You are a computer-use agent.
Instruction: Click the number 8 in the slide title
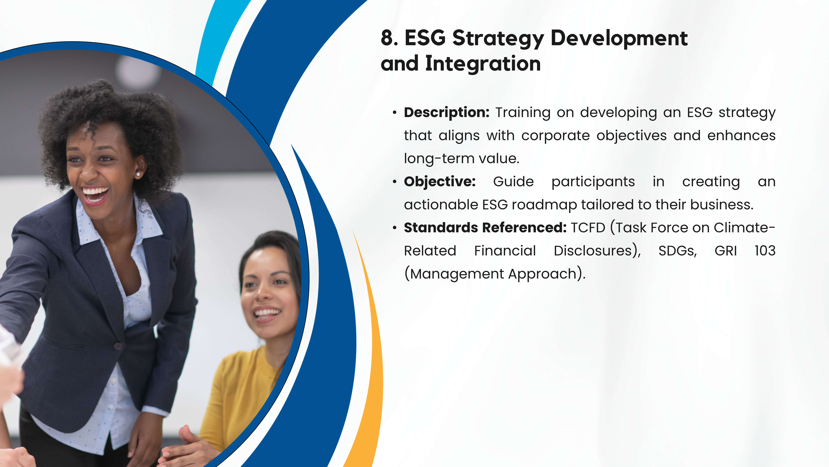pos(387,38)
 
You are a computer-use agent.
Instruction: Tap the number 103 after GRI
pos(765,251)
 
